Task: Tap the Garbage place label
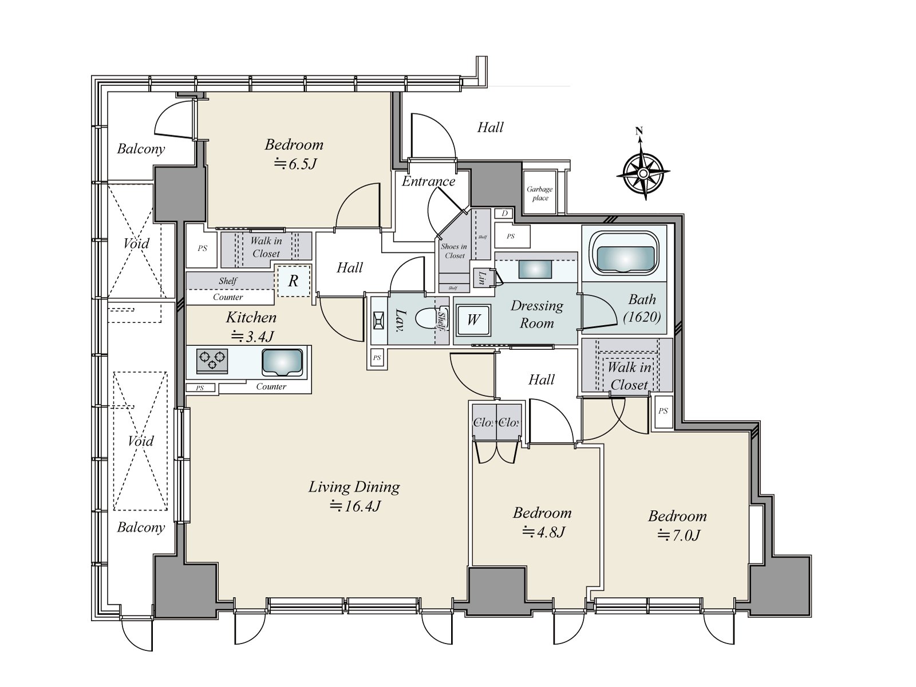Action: coord(540,193)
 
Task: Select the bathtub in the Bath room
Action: coord(625,254)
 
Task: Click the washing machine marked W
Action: coord(473,320)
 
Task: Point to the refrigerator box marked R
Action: coord(294,281)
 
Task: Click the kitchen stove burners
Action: coord(212,361)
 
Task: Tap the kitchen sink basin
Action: coord(282,362)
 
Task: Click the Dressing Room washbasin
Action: coord(535,269)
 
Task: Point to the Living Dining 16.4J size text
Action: coord(355,507)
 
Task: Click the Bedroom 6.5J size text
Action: coord(296,164)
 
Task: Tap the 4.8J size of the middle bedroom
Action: coord(544,532)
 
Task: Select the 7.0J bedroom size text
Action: coord(678,535)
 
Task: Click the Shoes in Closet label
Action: coord(454,251)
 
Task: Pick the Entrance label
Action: coord(428,181)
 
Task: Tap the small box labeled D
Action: coord(504,214)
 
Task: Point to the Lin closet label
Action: coord(481,278)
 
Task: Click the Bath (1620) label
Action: coord(642,308)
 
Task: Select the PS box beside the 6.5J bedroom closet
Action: coord(202,248)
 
